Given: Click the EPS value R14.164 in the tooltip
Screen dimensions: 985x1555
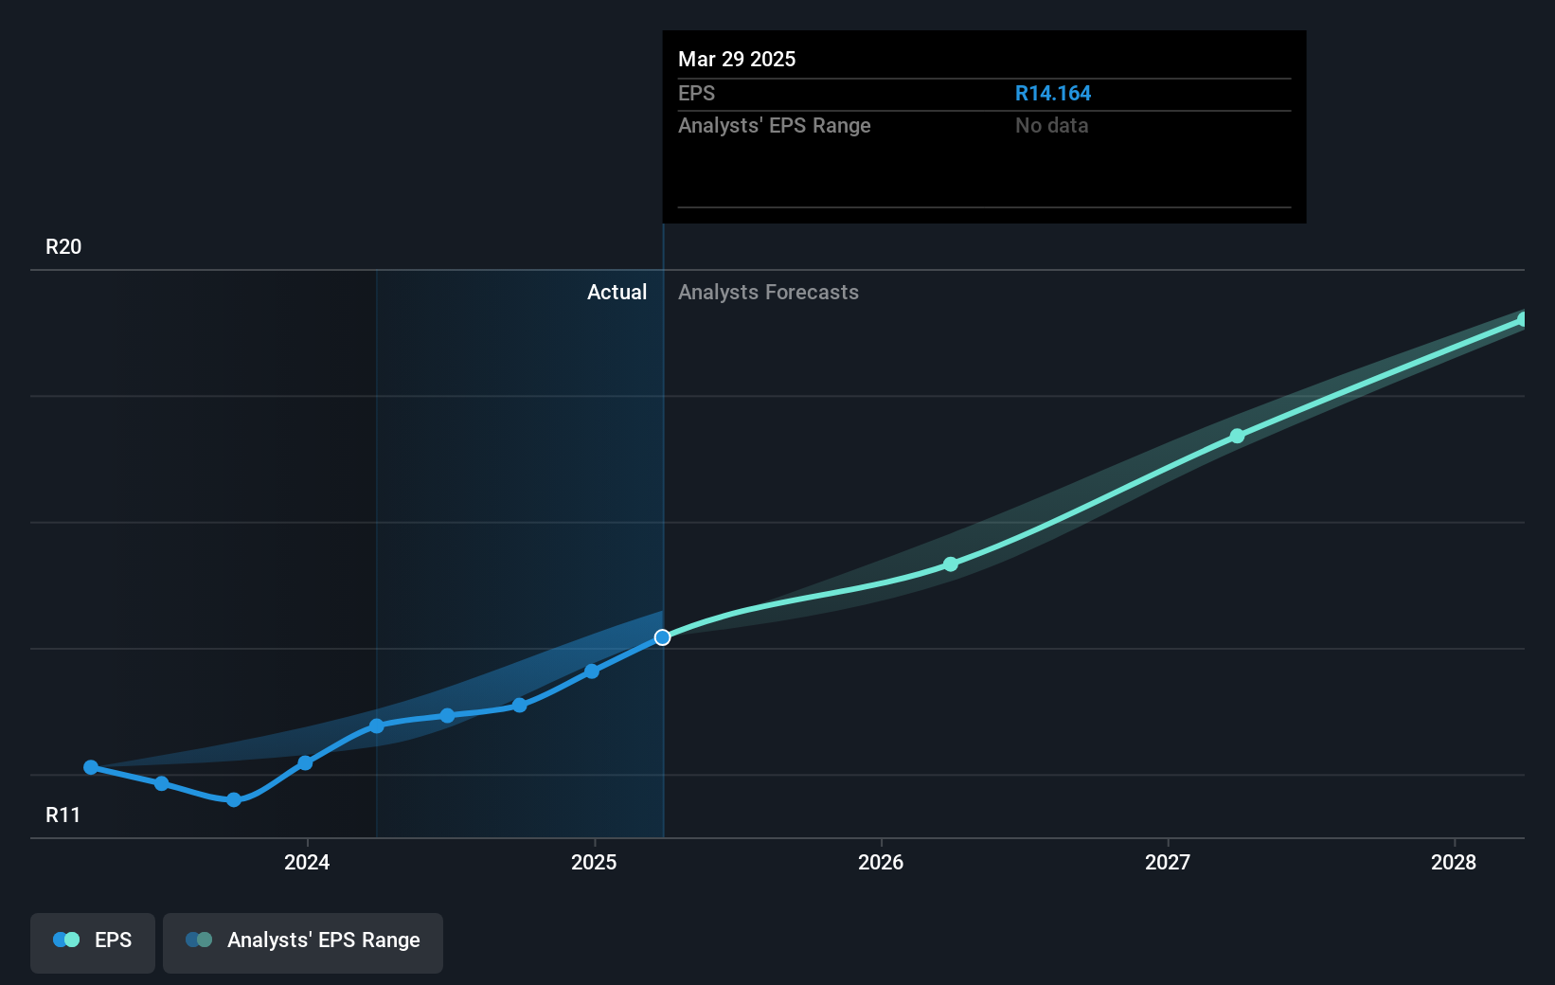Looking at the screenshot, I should point(1052,94).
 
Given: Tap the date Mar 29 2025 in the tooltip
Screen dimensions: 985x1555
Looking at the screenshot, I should point(737,59).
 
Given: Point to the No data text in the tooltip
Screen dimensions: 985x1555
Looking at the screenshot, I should point(1051,126).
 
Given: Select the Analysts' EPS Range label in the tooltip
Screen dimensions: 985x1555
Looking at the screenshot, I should point(774,126).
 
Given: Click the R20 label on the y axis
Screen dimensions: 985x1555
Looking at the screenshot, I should point(63,247).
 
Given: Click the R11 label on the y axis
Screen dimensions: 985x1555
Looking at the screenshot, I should point(63,815).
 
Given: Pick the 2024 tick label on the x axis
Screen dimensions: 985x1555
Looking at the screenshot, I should point(307,862).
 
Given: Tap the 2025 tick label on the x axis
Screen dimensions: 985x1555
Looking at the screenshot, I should point(594,862).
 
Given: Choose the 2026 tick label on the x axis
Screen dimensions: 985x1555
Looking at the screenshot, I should point(881,862).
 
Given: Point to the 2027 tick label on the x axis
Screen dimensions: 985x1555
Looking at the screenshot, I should point(1168,862).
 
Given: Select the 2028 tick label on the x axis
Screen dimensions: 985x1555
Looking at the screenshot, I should point(1454,862).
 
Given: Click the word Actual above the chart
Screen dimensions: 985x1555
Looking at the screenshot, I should point(617,293).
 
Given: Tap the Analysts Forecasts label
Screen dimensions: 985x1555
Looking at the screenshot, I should point(768,293).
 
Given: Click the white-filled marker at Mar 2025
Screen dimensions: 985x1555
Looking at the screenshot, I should point(663,637).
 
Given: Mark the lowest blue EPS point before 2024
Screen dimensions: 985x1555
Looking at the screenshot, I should point(234,800).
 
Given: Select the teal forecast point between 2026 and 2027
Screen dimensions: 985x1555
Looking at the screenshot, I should point(951,564).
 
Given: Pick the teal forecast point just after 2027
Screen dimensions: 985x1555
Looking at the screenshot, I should point(1238,437).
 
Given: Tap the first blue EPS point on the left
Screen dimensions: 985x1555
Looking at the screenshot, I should point(91,767).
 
